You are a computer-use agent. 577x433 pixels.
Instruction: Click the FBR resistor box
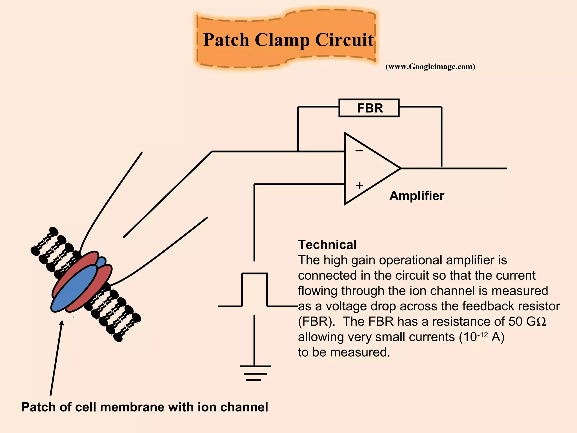click(x=369, y=108)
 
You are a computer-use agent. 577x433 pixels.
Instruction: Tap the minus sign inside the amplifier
click(x=359, y=151)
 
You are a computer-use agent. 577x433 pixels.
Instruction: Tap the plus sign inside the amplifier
click(x=359, y=185)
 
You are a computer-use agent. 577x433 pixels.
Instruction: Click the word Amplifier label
click(x=417, y=196)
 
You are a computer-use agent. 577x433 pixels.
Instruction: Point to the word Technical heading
click(x=327, y=245)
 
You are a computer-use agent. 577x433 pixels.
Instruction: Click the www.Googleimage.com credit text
click(x=430, y=67)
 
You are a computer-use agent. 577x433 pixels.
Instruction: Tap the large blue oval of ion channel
click(x=74, y=288)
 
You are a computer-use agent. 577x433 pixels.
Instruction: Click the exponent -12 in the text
click(x=482, y=335)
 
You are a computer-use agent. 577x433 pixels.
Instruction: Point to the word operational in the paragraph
click(x=411, y=260)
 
